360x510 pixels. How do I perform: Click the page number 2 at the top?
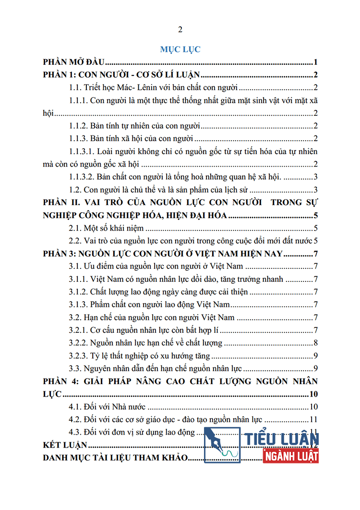(x=180, y=30)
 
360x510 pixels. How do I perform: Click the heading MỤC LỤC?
(x=180, y=49)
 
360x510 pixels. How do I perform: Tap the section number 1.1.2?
(x=79, y=126)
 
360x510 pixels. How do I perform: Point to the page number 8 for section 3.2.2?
(x=315, y=343)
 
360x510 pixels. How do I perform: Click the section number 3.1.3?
(x=79, y=304)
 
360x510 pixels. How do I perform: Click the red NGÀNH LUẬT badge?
(x=291, y=455)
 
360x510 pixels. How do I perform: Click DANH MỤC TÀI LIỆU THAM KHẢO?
(x=114, y=458)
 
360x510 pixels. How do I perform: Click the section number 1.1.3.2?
(x=82, y=177)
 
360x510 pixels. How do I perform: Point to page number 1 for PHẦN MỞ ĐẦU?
(x=315, y=62)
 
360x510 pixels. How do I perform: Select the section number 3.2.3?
(x=79, y=356)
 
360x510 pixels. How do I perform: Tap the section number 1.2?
(x=75, y=190)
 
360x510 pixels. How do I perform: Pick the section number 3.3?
(x=75, y=369)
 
